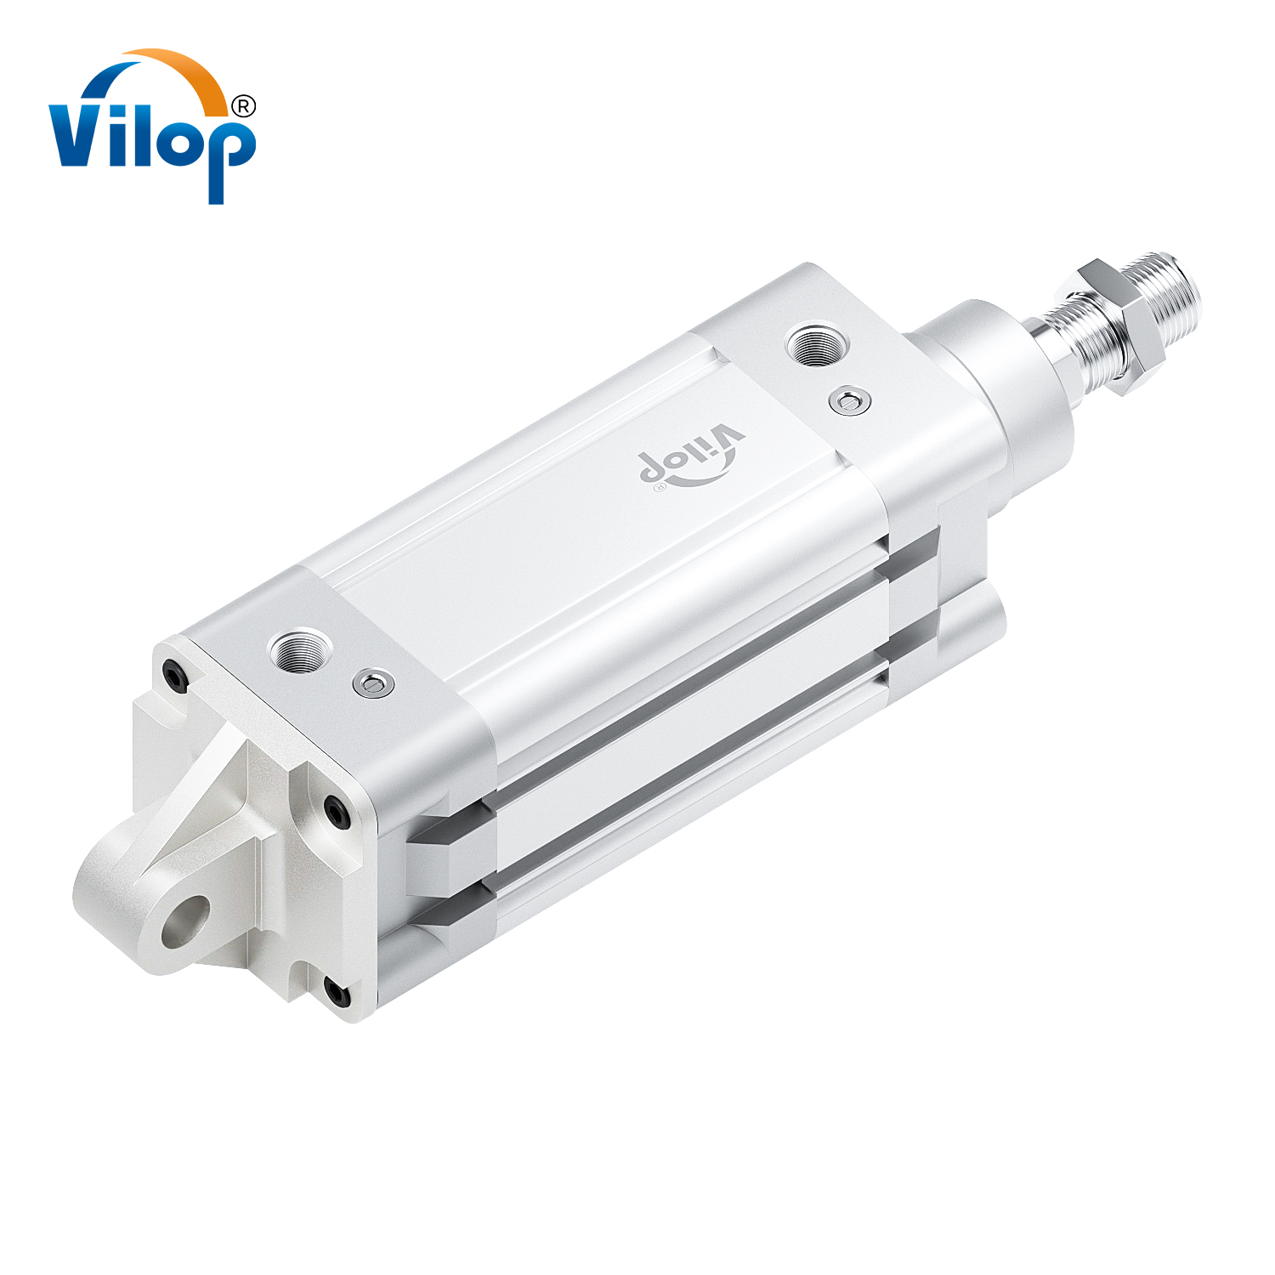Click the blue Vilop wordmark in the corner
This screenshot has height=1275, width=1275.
click(x=151, y=136)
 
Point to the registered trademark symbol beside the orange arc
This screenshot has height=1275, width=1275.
click(x=243, y=105)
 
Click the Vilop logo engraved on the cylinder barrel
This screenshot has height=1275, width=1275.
click(x=690, y=459)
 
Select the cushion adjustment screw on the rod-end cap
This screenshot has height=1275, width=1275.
click(x=850, y=400)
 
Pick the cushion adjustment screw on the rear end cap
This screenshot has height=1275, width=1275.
click(x=373, y=683)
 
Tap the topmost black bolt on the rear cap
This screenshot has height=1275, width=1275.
click(x=174, y=676)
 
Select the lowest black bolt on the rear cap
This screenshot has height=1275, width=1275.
click(x=337, y=992)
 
